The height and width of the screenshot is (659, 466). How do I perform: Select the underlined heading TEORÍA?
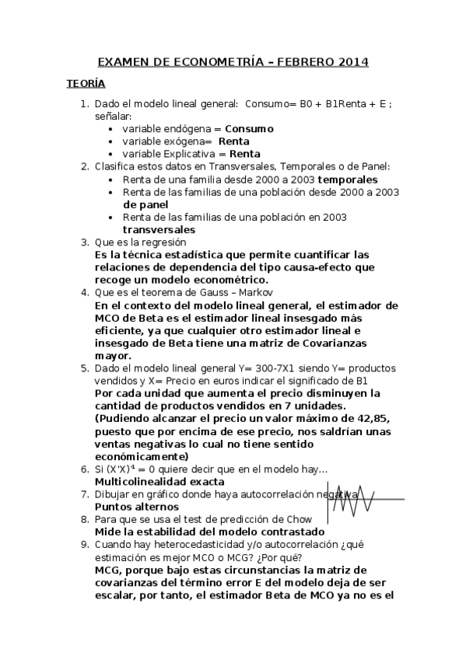tap(86, 83)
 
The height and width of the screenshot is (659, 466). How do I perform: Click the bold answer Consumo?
tap(249, 128)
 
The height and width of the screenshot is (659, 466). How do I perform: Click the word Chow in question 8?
tap(299, 519)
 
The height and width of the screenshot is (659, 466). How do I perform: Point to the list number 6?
tap(84, 469)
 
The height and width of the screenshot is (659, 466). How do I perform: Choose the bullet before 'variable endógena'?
tap(114, 128)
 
